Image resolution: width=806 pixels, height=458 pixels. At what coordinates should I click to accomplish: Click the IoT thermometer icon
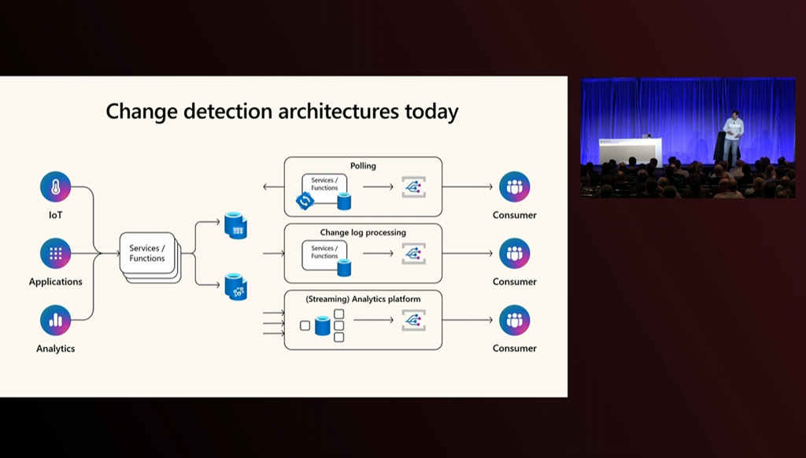(56, 187)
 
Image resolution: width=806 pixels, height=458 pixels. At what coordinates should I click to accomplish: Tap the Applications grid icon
(56, 254)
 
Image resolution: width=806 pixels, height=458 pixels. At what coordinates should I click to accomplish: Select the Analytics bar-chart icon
(56, 320)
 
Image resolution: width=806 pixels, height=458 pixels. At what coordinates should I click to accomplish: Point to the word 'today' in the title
(431, 111)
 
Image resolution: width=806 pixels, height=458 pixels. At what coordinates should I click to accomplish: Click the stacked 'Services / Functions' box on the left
(148, 254)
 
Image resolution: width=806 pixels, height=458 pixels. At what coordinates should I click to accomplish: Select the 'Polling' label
(363, 166)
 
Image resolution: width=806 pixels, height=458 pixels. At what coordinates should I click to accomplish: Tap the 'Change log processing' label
(363, 233)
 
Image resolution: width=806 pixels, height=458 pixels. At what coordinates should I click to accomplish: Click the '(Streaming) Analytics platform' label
(363, 299)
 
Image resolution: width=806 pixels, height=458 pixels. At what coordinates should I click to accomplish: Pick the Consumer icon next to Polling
(515, 187)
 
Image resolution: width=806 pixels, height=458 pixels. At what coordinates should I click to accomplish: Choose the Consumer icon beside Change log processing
(515, 254)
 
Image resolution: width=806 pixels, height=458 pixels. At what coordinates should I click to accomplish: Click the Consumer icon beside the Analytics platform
(515, 320)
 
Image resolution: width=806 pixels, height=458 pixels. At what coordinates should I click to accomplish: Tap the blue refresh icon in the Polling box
(304, 201)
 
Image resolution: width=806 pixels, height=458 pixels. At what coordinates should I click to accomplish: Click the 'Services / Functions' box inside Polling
(324, 185)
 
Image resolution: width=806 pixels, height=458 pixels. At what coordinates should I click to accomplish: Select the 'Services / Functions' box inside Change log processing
(324, 252)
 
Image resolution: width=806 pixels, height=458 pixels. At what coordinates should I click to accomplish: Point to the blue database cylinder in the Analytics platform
(322, 325)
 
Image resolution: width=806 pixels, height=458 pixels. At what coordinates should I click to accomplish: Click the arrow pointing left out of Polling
(272, 187)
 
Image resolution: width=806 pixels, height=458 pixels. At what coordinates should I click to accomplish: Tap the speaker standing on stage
(733, 139)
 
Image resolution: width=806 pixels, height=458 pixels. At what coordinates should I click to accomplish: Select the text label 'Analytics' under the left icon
(56, 348)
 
